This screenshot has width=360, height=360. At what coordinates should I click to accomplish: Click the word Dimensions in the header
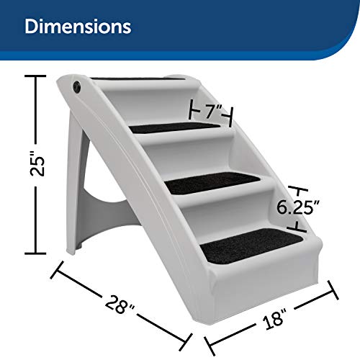78,27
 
